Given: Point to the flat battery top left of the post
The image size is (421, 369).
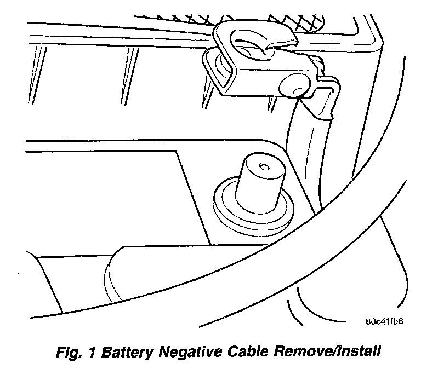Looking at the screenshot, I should tap(110, 192).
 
